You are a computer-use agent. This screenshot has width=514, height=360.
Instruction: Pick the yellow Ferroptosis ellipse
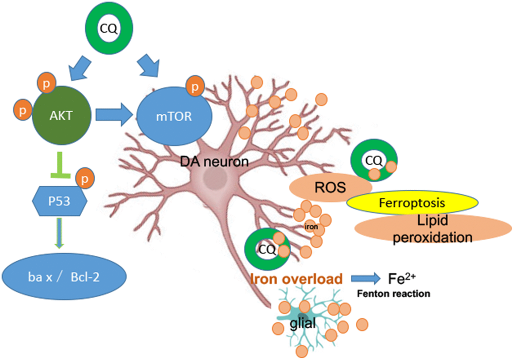412,203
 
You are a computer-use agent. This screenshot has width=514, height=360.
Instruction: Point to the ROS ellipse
330,188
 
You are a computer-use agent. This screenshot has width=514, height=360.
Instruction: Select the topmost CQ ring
109,29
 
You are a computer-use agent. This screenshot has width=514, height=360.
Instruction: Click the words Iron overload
297,278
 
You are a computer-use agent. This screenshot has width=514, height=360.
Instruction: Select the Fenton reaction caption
394,294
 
